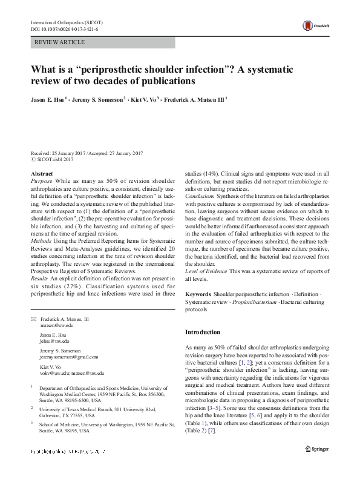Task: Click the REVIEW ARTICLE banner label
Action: point(59,42)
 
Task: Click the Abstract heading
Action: point(42,174)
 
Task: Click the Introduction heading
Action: point(203,332)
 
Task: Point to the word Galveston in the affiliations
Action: point(52,425)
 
